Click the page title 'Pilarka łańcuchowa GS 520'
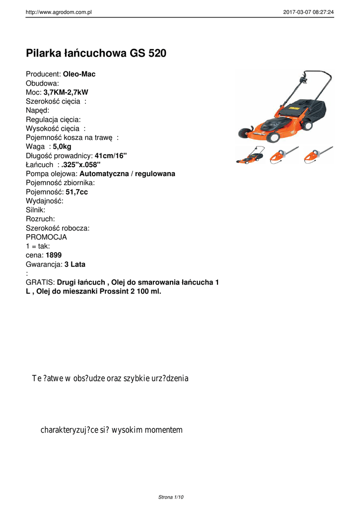coord(96,53)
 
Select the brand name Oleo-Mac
coord(79,74)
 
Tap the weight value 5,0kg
coord(62,146)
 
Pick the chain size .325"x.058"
coord(81,165)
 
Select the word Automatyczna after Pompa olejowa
coord(104,174)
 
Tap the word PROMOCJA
coord(46,237)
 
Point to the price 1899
coord(54,255)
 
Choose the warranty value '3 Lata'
coord(74,264)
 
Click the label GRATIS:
coord(40,282)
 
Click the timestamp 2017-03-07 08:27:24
coord(308,12)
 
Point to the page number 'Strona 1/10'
coord(171,497)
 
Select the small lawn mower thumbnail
coord(250,155)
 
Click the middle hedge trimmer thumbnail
coord(284,155)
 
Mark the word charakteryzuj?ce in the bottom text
coord(70,430)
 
